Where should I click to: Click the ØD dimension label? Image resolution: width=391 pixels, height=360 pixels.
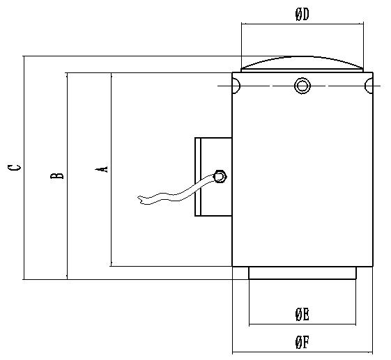pyautogui.click(x=302, y=14)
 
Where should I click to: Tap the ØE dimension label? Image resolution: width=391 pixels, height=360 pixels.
pyautogui.click(x=302, y=315)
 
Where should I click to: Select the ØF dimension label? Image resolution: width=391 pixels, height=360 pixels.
pyautogui.click(x=302, y=343)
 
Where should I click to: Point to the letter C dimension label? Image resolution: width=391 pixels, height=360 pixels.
pyautogui.click(x=14, y=167)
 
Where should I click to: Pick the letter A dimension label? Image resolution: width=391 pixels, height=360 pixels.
pyautogui.click(x=102, y=169)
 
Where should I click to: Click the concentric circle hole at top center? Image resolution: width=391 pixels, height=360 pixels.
pyautogui.click(x=302, y=86)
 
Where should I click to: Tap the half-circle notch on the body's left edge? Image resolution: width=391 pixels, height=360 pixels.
pyautogui.click(x=236, y=86)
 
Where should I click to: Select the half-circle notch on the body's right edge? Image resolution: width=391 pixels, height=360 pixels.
pyautogui.click(x=369, y=86)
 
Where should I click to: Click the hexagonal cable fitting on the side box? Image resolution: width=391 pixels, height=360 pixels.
pyautogui.click(x=219, y=177)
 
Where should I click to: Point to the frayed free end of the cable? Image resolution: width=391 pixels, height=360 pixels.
pyautogui.click(x=140, y=200)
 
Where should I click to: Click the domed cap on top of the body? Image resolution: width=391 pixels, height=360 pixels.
pyautogui.click(x=302, y=64)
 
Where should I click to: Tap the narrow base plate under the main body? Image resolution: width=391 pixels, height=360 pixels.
pyautogui.click(x=302, y=273)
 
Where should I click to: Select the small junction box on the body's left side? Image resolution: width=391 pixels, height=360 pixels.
pyautogui.click(x=213, y=177)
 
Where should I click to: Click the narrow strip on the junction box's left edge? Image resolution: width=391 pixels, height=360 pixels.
pyautogui.click(x=198, y=177)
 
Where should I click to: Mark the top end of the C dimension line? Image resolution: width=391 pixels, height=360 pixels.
pyautogui.click(x=24, y=56)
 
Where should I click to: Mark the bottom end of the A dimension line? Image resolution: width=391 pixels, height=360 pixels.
pyautogui.click(x=111, y=266)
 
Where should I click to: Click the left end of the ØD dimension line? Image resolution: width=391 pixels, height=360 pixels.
pyautogui.click(x=242, y=24)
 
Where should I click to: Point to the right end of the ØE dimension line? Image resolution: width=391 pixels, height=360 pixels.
pyautogui.click(x=355, y=324)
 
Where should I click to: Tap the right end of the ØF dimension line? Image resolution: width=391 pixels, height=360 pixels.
pyautogui.click(x=372, y=352)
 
